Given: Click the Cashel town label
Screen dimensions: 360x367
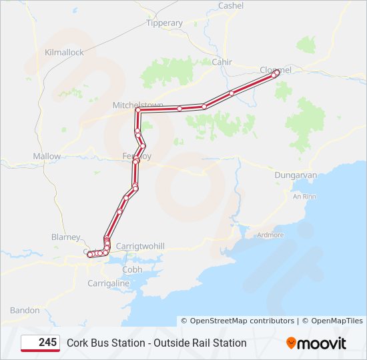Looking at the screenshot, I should click(232, 5).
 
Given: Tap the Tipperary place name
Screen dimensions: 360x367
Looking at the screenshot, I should click(164, 23).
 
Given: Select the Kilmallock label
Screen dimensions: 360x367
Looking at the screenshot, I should click(64, 51).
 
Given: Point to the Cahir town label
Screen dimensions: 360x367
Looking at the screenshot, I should click(221, 62).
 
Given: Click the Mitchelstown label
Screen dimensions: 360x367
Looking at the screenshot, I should click(137, 105).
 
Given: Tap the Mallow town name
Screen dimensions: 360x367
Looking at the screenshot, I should click(47, 156).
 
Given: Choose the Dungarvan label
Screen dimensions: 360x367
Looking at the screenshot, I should click(296, 175).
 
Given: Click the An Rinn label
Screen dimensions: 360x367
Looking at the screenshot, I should click(304, 196).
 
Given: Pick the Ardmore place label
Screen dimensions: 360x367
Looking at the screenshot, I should click(270, 235).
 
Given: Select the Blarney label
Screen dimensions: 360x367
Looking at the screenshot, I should click(65, 237).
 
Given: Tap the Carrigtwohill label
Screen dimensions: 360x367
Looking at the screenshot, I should click(140, 246).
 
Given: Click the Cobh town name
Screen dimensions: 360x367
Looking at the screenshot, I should click(132, 269).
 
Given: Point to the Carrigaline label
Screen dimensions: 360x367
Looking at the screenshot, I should click(109, 283).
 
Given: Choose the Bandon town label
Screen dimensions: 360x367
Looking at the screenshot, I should click(25, 310).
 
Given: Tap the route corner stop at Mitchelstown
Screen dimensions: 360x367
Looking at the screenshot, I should click(138, 111).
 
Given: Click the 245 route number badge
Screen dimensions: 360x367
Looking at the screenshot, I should click(40, 343).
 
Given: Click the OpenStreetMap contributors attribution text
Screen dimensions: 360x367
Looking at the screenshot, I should click(238, 321).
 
